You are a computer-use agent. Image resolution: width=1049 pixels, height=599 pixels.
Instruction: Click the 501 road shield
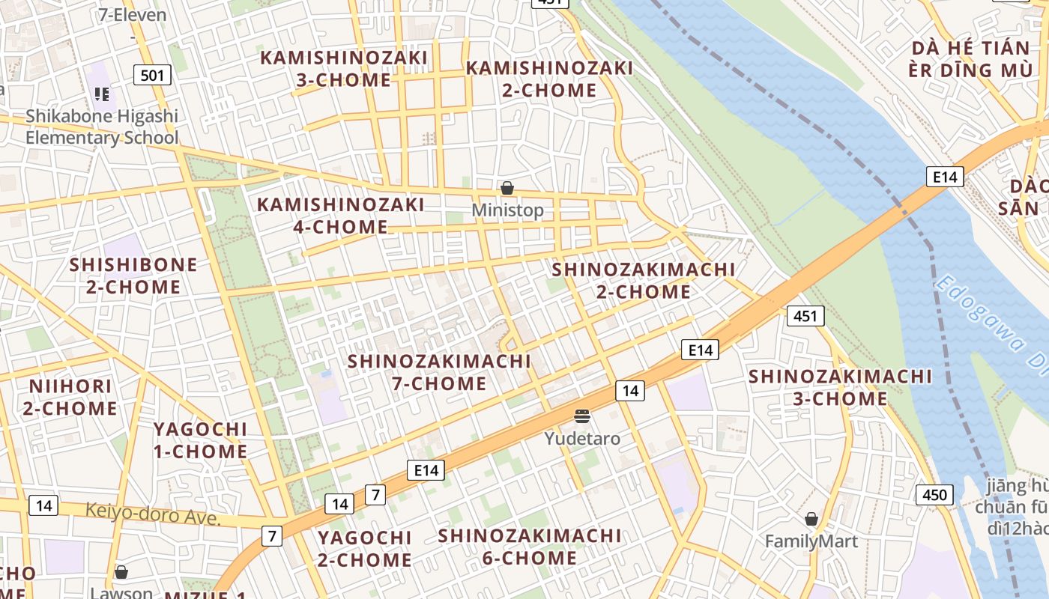coord(152,75)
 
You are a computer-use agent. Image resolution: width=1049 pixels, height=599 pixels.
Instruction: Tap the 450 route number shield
coord(934,495)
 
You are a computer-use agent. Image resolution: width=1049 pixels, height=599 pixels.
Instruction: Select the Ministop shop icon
coord(507,188)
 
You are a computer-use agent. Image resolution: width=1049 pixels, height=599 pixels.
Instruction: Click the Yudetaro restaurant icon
coord(582,416)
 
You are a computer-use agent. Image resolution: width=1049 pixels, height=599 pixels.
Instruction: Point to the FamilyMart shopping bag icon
coord(811,519)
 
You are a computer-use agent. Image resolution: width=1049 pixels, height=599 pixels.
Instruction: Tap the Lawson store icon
coord(121,573)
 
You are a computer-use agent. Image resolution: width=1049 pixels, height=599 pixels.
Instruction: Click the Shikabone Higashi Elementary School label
coord(102,127)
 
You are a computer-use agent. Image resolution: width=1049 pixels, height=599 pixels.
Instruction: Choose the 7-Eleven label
coord(132,15)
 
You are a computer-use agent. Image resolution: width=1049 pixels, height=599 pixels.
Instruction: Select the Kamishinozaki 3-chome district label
coord(344,69)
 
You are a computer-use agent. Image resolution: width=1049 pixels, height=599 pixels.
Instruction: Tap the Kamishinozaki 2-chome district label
coord(549,79)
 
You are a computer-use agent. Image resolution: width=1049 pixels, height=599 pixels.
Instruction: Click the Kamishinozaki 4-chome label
coord(341,216)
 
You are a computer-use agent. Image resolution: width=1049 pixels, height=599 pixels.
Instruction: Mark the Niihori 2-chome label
coord(70,398)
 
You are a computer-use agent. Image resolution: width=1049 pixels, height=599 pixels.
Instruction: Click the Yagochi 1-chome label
coord(200,440)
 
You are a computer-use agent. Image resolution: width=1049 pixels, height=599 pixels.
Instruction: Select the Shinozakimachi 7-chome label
coord(439,372)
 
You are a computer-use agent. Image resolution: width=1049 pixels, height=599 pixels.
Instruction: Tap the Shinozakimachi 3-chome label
coord(840,387)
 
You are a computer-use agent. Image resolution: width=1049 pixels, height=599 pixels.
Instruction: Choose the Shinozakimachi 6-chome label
coord(530,547)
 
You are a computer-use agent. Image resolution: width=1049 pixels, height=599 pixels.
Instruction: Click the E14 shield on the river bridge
coord(944,177)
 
